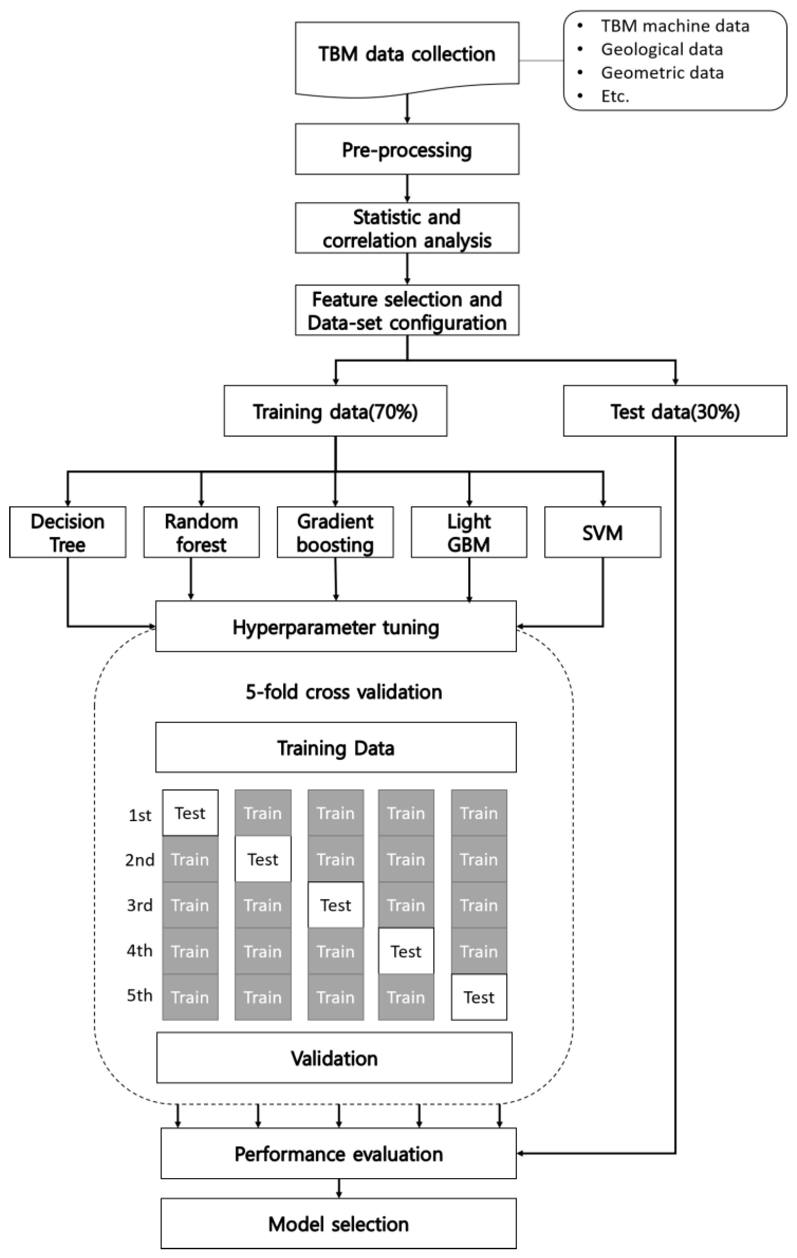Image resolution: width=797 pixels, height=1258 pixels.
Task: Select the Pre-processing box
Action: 407,150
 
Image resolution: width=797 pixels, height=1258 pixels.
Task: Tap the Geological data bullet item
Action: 661,50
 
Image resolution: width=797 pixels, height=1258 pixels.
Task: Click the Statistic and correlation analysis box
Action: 407,228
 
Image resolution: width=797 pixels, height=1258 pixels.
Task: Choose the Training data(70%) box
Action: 335,411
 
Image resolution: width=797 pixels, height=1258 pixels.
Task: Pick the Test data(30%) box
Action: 675,411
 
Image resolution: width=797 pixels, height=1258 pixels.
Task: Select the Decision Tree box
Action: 68,532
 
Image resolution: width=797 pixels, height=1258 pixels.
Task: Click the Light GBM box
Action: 469,532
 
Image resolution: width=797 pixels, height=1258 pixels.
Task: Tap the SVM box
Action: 602,532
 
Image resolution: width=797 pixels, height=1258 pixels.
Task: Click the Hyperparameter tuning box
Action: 336,627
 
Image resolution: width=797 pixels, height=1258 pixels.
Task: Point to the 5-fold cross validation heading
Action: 344,692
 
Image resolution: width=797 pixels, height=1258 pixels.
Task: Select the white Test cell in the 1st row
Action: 190,813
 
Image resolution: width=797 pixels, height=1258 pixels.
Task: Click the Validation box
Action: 334,1058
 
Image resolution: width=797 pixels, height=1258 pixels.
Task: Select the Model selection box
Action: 338,1224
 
